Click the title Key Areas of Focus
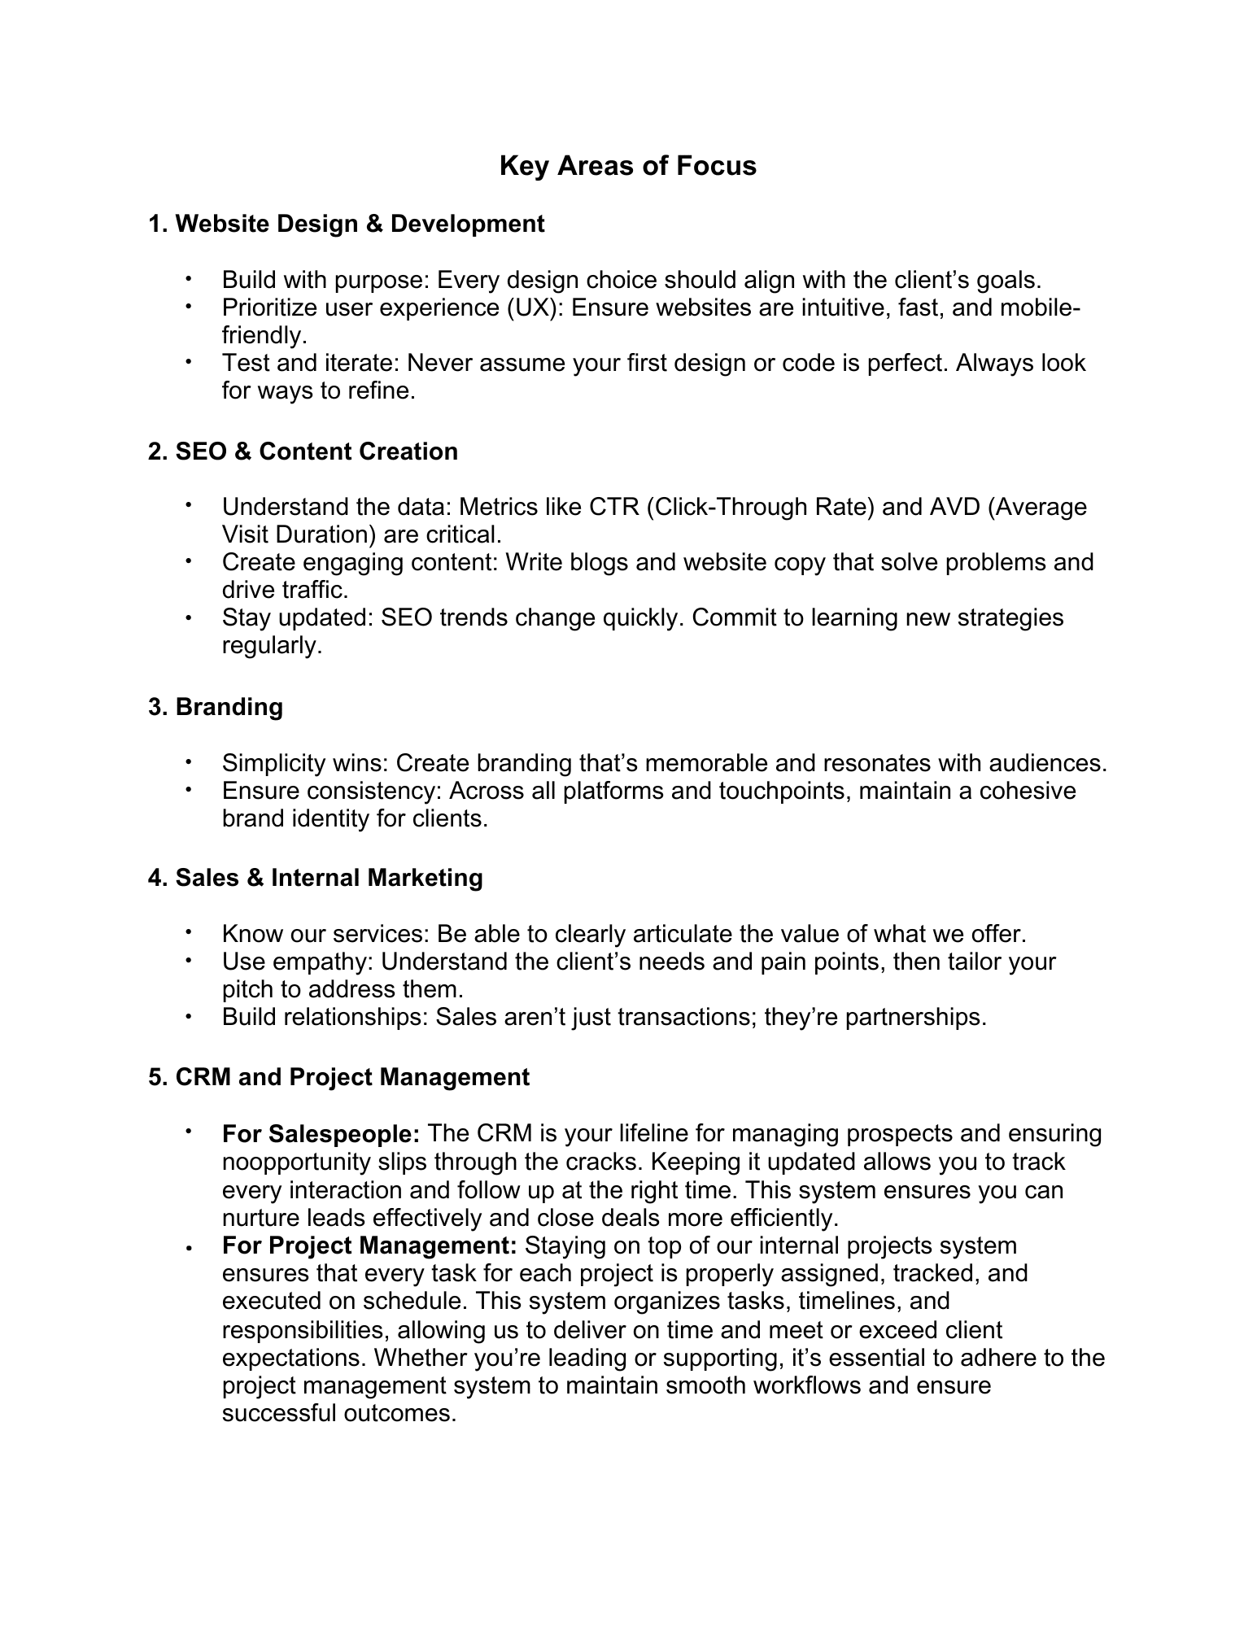point(627,166)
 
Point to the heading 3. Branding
point(216,707)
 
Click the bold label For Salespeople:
point(321,1133)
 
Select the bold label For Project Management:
point(369,1245)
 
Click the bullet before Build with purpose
point(188,279)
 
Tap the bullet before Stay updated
point(188,618)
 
